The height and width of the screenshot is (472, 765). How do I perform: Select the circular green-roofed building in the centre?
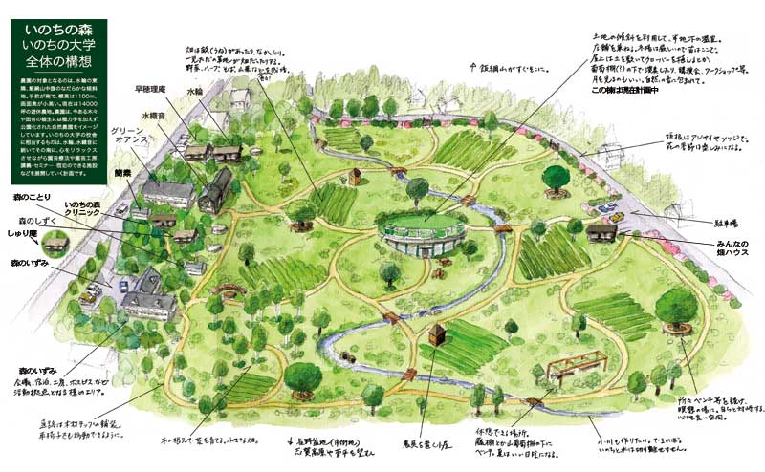[424, 232]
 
